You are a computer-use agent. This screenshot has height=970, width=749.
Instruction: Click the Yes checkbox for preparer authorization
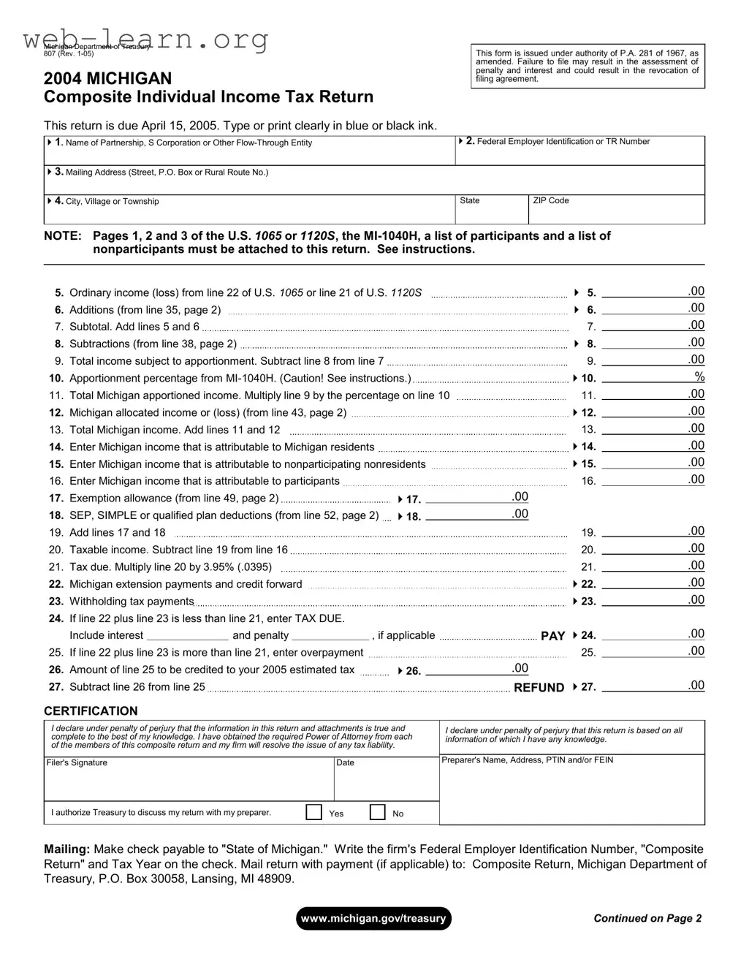(313, 812)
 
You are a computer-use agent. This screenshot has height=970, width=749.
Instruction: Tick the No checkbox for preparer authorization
(377, 812)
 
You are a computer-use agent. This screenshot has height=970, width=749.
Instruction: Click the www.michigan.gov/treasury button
(373, 918)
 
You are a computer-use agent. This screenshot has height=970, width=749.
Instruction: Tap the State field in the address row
(491, 213)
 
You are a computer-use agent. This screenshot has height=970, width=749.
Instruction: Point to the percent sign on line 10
(699, 376)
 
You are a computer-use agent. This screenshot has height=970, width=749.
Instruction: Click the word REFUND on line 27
(539, 687)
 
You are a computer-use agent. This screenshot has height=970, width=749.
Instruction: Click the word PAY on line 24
(552, 636)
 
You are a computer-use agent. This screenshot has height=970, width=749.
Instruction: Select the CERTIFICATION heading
(91, 711)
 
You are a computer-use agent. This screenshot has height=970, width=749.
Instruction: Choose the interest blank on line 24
(187, 635)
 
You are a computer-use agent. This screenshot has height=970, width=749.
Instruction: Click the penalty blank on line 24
(332, 635)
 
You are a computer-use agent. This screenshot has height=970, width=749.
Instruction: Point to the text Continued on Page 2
(647, 918)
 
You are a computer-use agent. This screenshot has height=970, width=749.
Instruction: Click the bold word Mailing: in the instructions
(67, 849)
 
